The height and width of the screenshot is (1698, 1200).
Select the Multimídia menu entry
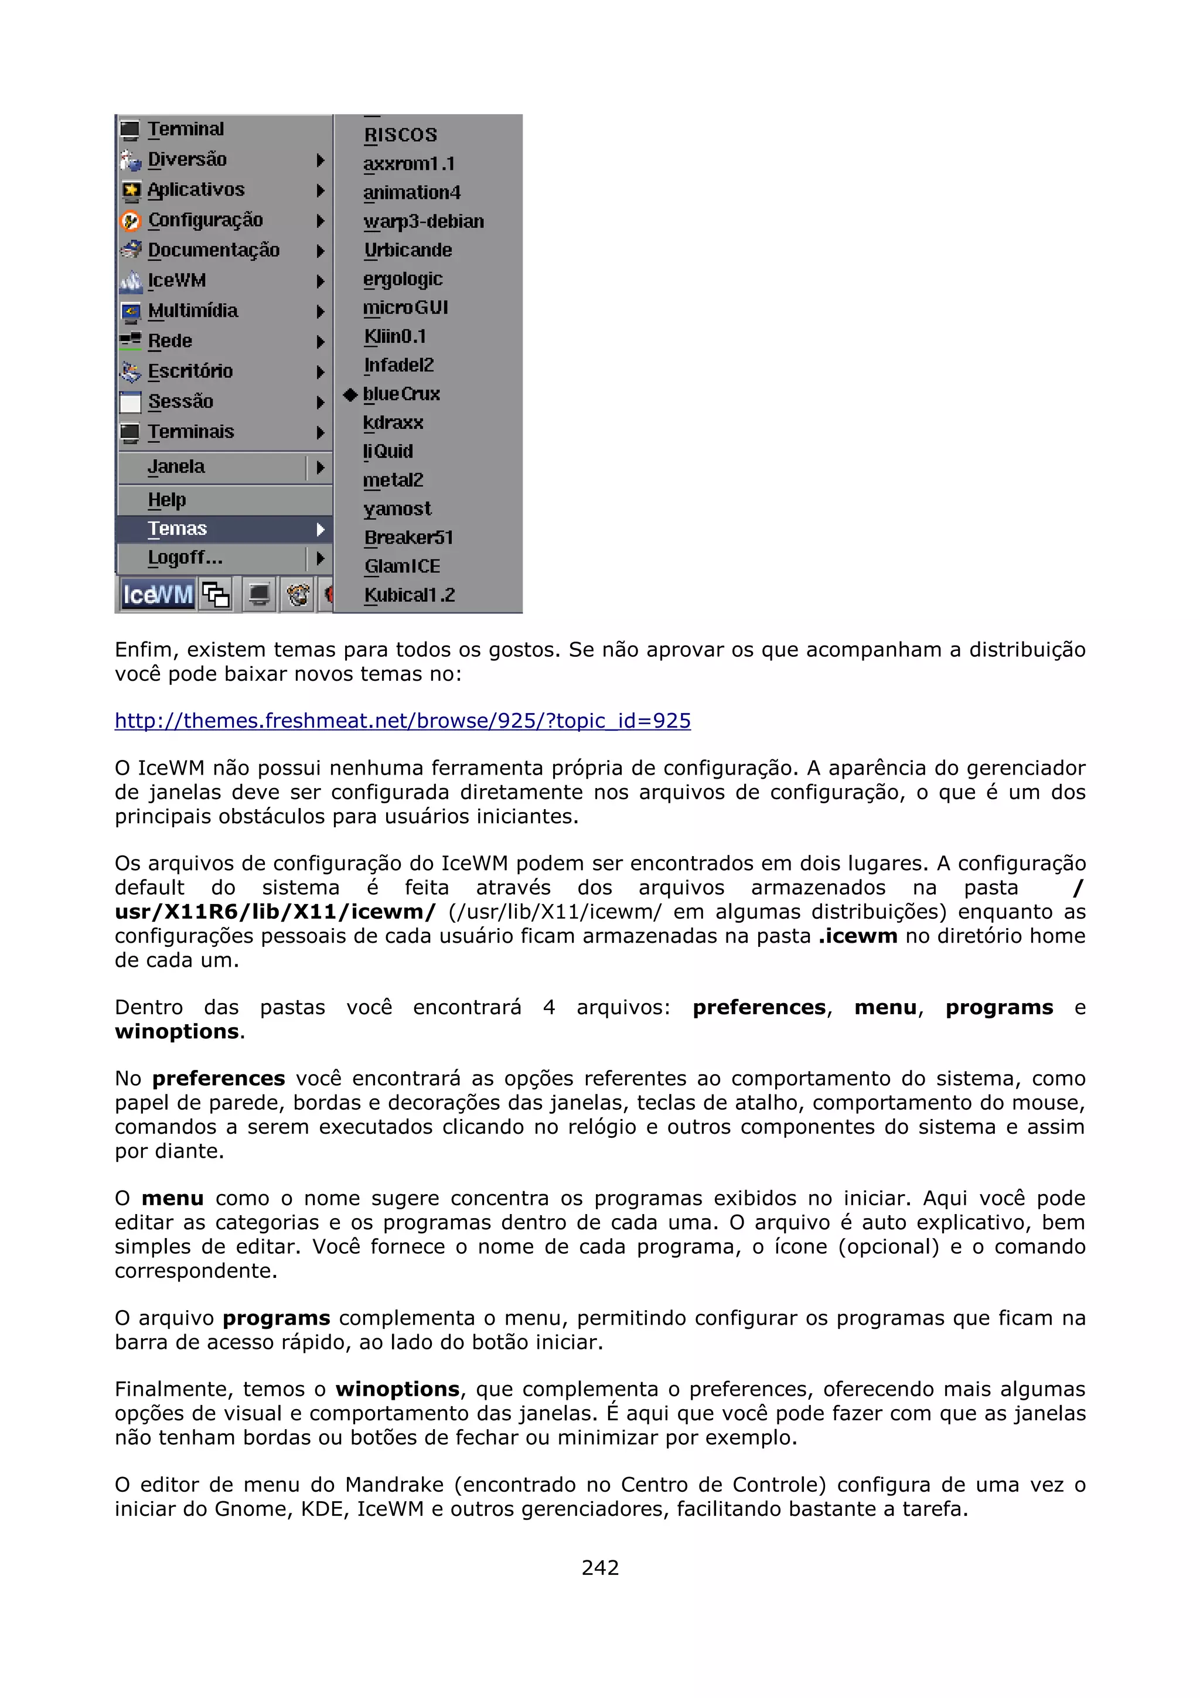[192, 311]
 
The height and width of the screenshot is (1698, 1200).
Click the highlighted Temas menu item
[178, 529]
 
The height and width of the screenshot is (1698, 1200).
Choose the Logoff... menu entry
[185, 558]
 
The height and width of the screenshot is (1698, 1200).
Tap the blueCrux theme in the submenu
[401, 394]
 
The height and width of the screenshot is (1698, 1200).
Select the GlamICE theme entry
[402, 567]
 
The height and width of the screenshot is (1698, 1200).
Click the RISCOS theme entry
[400, 135]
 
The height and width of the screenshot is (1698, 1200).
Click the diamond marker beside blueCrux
[350, 395]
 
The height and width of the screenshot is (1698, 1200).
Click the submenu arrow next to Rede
[320, 342]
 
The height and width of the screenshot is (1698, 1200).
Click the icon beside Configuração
[131, 220]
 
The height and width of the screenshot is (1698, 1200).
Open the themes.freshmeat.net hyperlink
[402, 721]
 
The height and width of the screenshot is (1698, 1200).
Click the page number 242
[599, 1568]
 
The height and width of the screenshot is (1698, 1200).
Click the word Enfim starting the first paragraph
[144, 650]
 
